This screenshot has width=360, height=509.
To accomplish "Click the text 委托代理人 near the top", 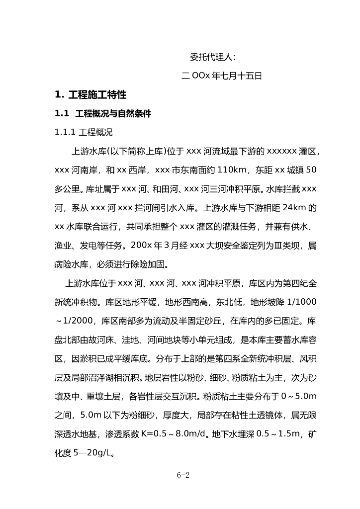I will (x=213, y=57).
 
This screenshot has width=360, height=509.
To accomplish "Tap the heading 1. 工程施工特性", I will (x=90, y=95).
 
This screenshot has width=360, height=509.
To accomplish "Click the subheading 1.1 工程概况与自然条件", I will (x=103, y=114).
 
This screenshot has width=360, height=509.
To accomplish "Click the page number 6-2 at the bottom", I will (x=183, y=475).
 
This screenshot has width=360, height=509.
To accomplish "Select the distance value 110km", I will (x=232, y=170).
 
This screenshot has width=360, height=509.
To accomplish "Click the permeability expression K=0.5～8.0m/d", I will (x=169, y=434).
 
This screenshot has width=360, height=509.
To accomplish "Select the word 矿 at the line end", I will (x=312, y=434).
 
